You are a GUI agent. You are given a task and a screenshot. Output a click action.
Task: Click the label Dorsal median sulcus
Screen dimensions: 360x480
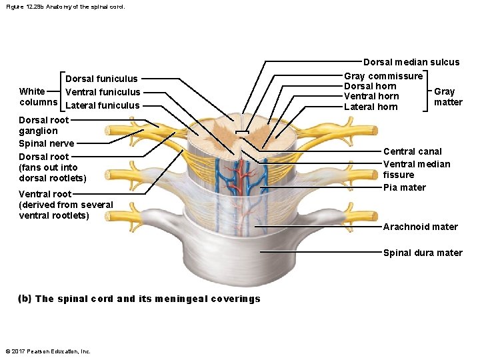pos(411,62)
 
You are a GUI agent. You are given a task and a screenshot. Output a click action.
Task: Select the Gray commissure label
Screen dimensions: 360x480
pos(383,76)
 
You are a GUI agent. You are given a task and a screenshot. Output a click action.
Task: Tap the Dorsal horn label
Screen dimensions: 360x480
pos(370,86)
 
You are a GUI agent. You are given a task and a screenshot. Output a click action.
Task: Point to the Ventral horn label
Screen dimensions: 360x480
pos(371,96)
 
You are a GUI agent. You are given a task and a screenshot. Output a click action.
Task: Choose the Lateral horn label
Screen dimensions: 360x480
pos(371,107)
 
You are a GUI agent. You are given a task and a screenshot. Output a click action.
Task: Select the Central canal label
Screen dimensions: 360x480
pos(412,151)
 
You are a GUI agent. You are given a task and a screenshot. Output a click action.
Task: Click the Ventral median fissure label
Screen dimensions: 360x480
pos(416,169)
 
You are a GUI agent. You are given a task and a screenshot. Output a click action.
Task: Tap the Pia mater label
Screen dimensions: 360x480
pos(404,187)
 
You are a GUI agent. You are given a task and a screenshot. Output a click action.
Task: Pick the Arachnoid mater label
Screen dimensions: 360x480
pos(420,227)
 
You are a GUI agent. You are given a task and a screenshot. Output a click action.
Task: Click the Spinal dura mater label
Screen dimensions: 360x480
pos(422,253)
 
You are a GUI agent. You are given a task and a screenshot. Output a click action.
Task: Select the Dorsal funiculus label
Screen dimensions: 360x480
pos(101,79)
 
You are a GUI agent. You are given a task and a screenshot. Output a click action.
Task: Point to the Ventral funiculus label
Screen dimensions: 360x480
pos(103,92)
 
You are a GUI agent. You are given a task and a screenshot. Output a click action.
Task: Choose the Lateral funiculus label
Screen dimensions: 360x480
pos(103,105)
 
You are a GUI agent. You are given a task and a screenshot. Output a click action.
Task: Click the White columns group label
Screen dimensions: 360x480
pos(38,97)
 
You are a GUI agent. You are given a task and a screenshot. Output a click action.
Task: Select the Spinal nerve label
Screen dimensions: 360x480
pos(46,143)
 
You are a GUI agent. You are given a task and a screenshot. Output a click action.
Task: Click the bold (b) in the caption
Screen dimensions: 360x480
pos(25,299)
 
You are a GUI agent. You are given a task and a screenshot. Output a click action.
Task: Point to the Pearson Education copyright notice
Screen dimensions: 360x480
pos(47,351)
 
